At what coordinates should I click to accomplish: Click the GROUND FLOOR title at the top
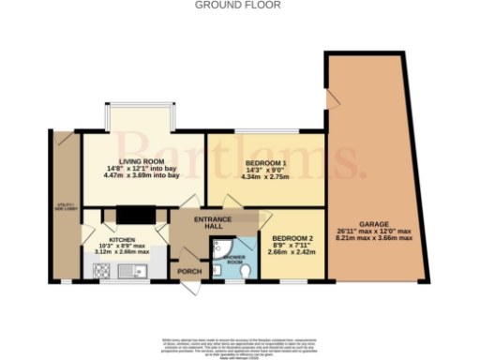[x=239, y=5]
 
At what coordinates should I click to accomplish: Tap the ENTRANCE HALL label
[x=213, y=222]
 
